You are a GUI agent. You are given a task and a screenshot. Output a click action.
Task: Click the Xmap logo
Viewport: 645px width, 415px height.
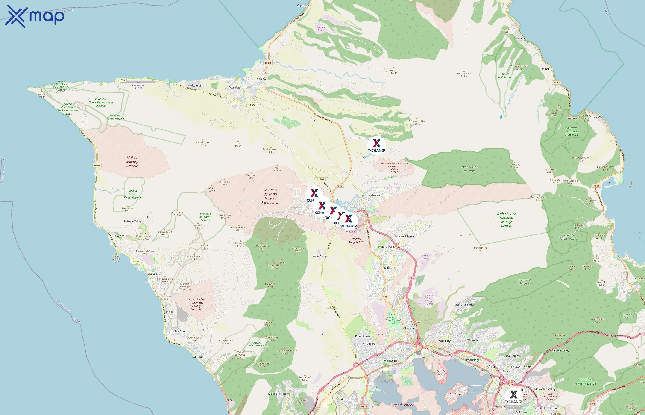tap(35, 16)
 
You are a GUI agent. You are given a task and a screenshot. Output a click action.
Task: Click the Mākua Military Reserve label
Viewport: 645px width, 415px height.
tap(132, 162)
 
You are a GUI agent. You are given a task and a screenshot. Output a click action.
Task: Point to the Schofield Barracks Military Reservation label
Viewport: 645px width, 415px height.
tap(270, 196)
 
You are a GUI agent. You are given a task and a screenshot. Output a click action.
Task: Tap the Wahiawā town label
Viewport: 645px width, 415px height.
tap(374, 195)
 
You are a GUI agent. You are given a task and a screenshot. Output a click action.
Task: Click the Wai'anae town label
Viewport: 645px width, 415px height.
tap(154, 273)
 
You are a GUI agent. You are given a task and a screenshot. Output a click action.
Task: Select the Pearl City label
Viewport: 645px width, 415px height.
tap(443, 341)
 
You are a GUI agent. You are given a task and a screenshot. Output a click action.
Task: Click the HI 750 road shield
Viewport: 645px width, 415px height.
tap(332, 307)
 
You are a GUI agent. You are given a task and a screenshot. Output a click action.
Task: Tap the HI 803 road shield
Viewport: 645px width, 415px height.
tap(320, 179)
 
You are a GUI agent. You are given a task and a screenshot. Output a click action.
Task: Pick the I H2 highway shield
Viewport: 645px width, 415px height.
tap(412, 278)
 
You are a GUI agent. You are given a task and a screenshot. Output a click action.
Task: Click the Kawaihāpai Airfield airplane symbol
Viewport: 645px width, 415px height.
tap(138, 82)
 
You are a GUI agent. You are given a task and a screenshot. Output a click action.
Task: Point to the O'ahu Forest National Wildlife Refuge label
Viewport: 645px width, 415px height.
tap(506, 220)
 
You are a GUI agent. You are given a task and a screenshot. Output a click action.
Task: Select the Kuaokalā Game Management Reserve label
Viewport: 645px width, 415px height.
tap(101, 102)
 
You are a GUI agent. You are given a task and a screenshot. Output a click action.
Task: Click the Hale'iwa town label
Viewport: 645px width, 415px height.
tap(261, 79)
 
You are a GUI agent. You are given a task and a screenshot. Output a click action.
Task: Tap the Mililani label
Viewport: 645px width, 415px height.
tap(390, 268)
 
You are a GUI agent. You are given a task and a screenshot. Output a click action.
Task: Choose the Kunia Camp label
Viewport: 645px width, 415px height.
tap(320, 256)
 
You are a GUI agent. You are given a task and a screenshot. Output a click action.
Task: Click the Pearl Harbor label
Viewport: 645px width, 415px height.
tap(403, 405)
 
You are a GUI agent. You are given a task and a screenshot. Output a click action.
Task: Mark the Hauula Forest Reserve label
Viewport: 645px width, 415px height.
tap(504, 75)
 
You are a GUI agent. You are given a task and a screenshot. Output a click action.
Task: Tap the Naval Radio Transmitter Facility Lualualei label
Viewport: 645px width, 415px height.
tap(196, 304)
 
